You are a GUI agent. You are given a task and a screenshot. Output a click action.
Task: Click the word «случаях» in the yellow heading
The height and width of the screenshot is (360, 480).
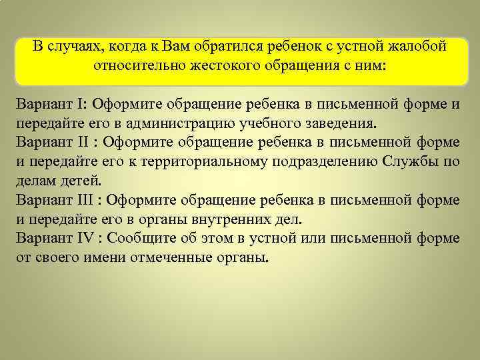click(73, 47)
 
